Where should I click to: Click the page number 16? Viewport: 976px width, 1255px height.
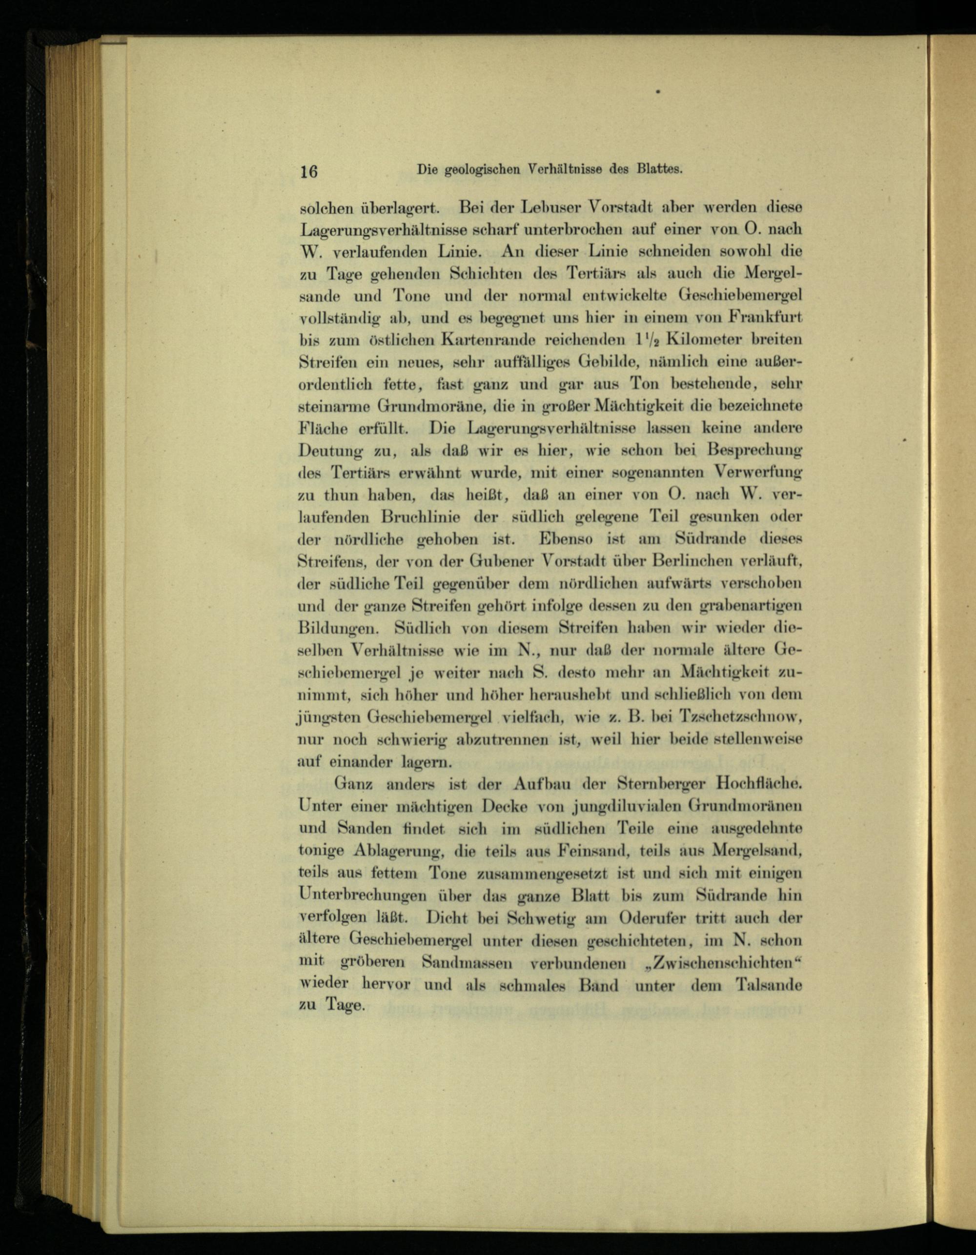coord(309,171)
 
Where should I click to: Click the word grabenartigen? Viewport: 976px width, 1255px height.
coord(752,606)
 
